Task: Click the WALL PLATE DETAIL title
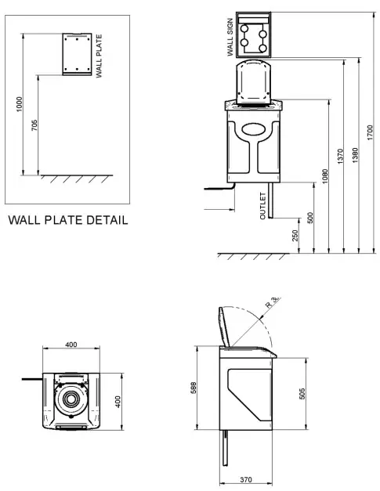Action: [67, 220]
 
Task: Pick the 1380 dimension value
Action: [356, 155]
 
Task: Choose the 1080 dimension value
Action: [325, 177]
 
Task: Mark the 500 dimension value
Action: [310, 218]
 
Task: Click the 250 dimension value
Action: [295, 236]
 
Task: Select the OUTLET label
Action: [263, 206]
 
